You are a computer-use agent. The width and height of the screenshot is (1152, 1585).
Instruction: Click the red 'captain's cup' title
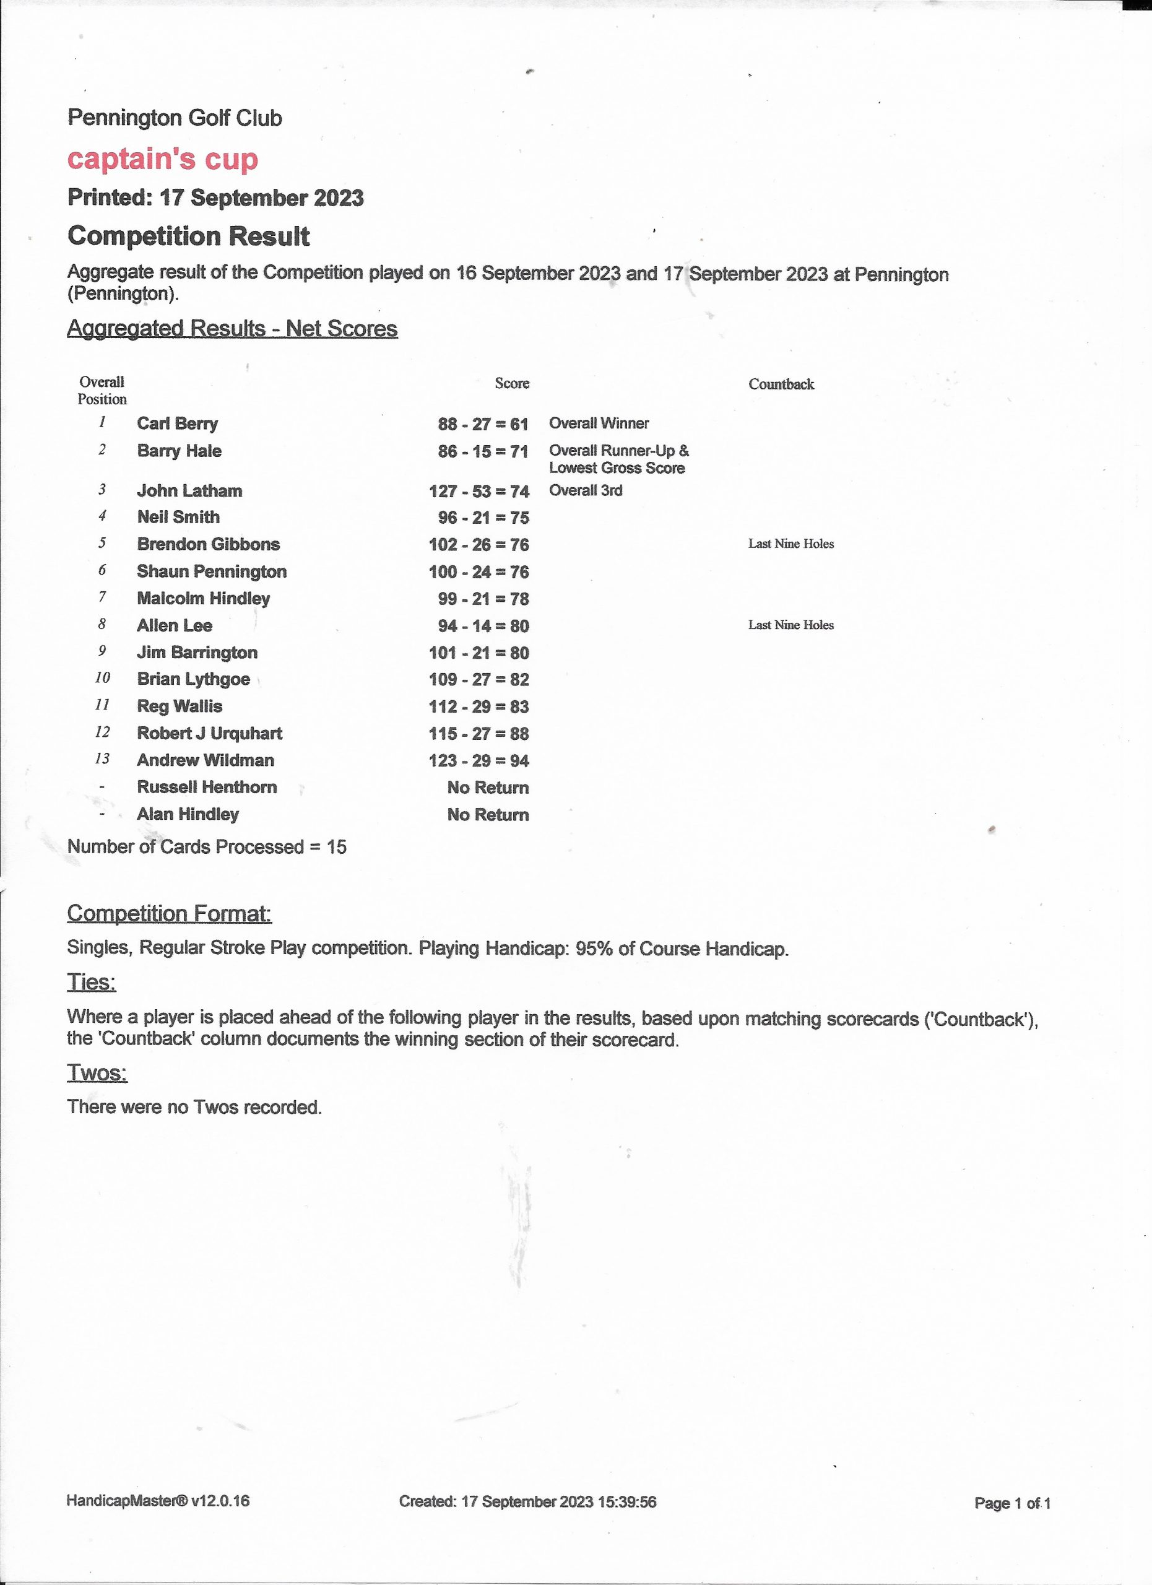click(162, 159)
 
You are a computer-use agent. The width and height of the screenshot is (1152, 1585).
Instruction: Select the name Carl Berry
click(178, 423)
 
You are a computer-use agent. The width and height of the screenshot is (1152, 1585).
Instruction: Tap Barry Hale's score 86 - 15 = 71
click(483, 451)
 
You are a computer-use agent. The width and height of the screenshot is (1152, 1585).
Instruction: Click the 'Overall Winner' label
click(599, 423)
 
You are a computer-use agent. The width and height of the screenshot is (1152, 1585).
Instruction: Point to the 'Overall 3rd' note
click(586, 490)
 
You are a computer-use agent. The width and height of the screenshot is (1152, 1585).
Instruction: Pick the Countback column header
click(781, 384)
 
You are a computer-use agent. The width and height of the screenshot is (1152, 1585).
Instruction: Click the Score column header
click(511, 384)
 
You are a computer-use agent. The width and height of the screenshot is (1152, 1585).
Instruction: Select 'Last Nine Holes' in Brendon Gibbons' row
click(791, 544)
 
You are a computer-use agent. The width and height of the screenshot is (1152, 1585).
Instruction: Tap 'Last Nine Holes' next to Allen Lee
click(791, 625)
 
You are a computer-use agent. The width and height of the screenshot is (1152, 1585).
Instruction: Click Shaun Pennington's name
click(212, 571)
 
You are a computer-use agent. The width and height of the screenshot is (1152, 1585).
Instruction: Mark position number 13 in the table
click(102, 759)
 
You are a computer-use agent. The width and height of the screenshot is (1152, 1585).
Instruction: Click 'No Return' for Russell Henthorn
click(488, 788)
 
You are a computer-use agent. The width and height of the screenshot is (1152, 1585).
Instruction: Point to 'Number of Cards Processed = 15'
click(207, 847)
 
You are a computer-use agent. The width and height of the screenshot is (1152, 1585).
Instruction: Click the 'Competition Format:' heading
click(169, 913)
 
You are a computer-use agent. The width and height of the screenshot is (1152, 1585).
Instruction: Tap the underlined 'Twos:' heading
click(97, 1073)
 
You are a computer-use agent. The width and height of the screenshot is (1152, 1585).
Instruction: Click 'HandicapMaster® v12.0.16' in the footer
click(158, 1500)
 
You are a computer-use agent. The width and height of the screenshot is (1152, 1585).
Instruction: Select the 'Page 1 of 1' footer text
click(1012, 1503)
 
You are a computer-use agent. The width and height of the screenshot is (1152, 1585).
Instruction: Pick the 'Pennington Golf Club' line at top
click(175, 118)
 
